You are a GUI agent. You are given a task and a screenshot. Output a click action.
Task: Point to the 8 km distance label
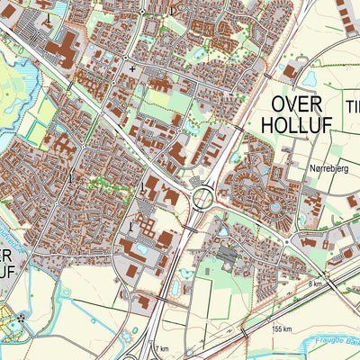click(314, 283)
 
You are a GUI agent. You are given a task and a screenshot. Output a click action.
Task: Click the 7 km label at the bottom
click(161, 348)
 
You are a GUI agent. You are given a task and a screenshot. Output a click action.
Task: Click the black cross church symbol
click(133, 67)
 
